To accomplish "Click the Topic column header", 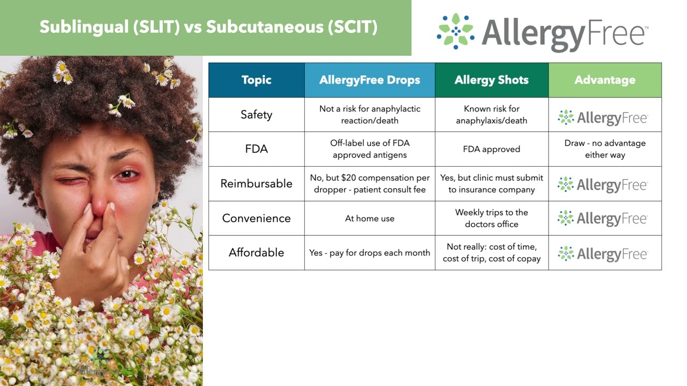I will tap(256, 80).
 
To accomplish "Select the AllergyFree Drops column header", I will tap(369, 80).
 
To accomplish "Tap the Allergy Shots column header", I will tap(491, 80).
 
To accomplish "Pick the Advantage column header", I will tap(604, 80).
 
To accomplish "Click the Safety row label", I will tap(256, 115).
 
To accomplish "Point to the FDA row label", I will tap(256, 149).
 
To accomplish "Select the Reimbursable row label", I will tap(256, 183).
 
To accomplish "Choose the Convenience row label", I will tap(256, 218).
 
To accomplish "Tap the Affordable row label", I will tap(256, 253).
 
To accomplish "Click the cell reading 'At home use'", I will tap(369, 218).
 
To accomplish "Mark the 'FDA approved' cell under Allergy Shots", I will tap(491, 149).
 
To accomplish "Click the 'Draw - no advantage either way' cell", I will tap(604, 149).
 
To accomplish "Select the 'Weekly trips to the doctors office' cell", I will tap(491, 218).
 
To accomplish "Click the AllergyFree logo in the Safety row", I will tap(603, 117).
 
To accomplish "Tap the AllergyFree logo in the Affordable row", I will tap(603, 254).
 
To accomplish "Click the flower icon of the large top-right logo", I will tap(456, 31).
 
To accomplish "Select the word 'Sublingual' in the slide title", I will tap(83, 27).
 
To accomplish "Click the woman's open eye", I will tap(128, 174).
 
